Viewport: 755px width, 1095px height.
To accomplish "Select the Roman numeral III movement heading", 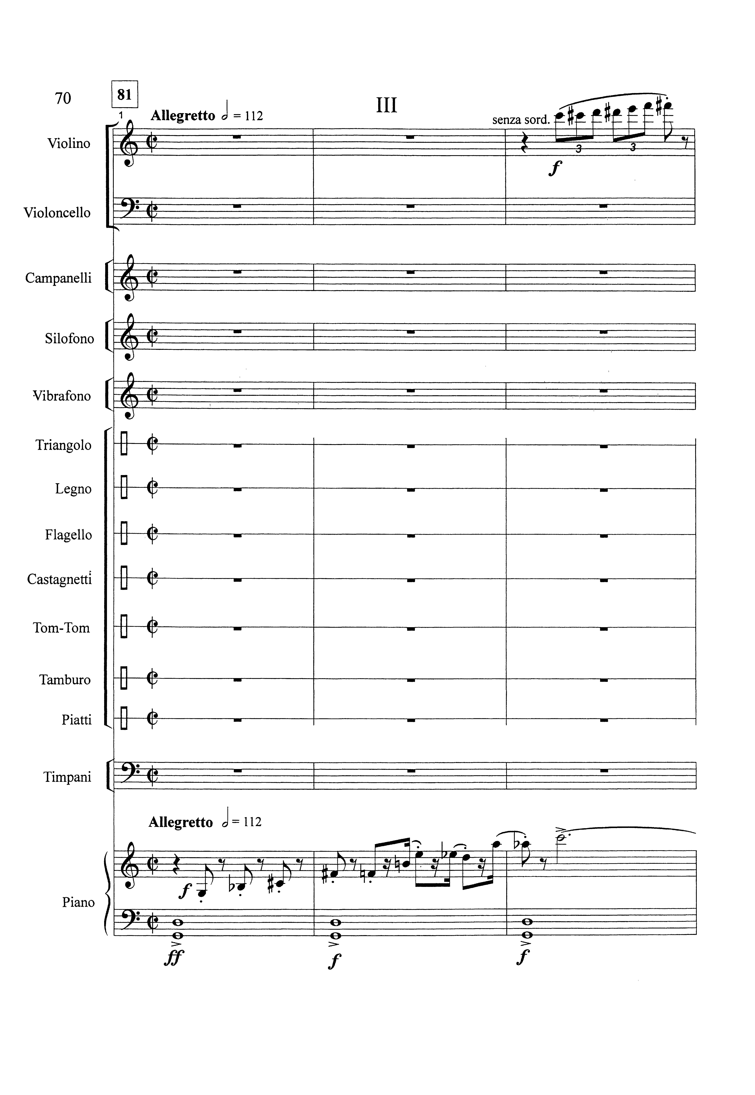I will click(x=386, y=105).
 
